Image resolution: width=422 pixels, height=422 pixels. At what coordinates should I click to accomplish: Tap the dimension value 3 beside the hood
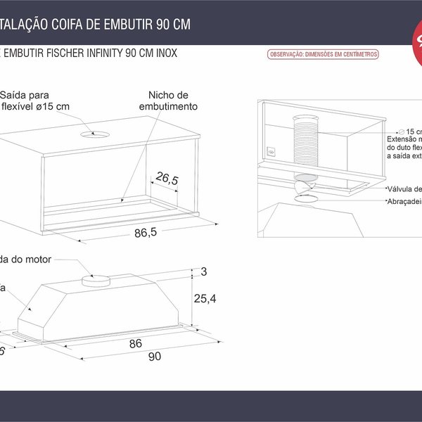click(204, 271)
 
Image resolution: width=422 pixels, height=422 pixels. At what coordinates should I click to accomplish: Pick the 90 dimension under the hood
click(155, 356)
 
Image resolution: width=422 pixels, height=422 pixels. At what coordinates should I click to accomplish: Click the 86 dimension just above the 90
click(136, 343)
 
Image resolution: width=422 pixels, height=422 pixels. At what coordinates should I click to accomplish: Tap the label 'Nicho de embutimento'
click(168, 101)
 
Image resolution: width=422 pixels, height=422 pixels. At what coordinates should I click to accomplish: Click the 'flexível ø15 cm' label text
click(35, 106)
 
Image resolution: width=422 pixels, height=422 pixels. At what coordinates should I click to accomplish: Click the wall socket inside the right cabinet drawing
click(271, 151)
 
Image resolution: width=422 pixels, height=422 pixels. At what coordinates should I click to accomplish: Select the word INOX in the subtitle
click(162, 53)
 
